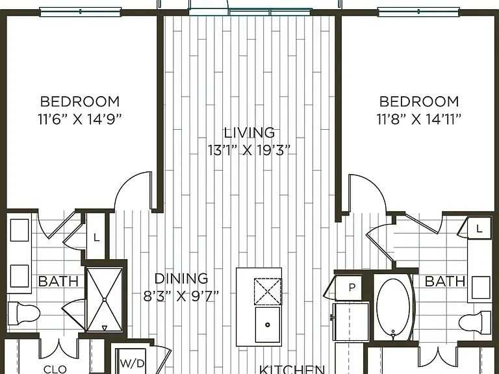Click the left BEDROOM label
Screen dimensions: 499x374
click(80, 101)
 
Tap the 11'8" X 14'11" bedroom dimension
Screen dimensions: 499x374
click(419, 120)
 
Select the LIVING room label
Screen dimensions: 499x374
click(249, 132)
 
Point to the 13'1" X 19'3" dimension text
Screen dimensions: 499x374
click(249, 150)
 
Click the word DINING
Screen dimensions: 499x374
click(181, 279)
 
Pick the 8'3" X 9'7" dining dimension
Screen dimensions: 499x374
click(181, 296)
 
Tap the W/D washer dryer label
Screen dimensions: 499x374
click(133, 363)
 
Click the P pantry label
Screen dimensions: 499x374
click(352, 288)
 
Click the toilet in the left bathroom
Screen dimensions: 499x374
click(24, 314)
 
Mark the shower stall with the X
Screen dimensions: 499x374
click(105, 299)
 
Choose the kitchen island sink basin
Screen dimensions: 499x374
click(268, 325)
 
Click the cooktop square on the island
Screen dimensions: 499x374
click(268, 292)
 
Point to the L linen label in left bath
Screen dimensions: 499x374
click(96, 237)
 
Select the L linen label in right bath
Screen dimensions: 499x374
click(480, 228)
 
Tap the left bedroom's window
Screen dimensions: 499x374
click(80, 12)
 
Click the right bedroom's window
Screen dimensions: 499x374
click(418, 12)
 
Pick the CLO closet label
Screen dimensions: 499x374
click(55, 369)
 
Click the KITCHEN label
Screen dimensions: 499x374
click(292, 369)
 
